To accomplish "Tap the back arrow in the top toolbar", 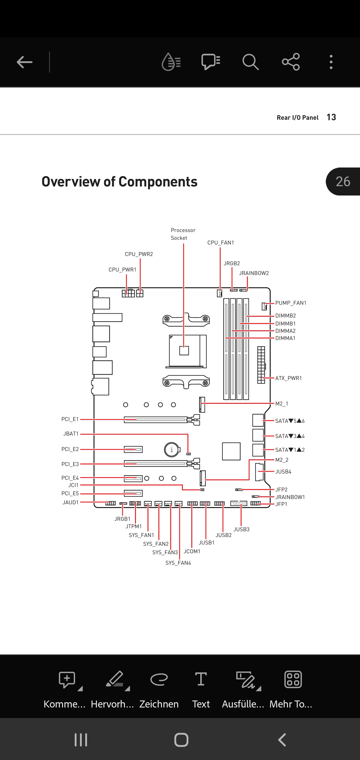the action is coord(24,62).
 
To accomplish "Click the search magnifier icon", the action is coord(250,62).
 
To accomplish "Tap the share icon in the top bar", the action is coord(291,62).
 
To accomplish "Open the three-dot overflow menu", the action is coord(331,62).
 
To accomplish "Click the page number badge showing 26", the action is coord(343,181).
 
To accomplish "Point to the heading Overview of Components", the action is coord(119,181).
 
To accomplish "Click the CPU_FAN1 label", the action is coord(221,243).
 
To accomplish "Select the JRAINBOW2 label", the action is coord(254,273).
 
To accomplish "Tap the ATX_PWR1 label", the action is coord(288,378).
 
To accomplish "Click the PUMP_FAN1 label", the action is coord(291,303).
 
